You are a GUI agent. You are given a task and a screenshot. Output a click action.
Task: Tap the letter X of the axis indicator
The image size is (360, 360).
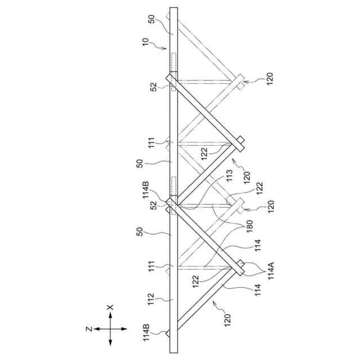pos(110,307)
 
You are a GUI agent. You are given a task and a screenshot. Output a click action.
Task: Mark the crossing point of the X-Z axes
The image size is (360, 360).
pos(110,328)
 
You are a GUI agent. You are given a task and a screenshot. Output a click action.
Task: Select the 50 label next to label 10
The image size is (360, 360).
pos(151,19)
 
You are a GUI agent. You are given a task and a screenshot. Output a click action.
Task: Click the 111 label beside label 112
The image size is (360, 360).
pos(151,266)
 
